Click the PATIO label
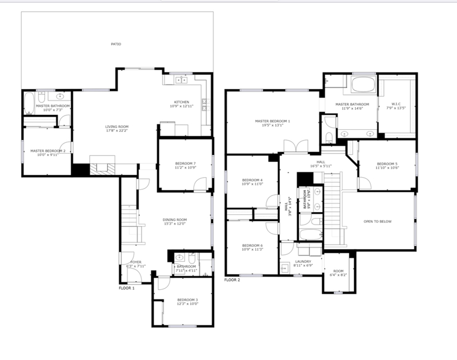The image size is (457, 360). point(116,44)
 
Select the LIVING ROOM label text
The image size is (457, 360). point(117,126)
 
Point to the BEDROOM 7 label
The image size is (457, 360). point(186,163)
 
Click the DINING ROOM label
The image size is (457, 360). point(174,219)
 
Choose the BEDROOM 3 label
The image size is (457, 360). point(187,300)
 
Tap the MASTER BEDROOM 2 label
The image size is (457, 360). point(47,150)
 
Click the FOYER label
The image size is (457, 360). point(128,262)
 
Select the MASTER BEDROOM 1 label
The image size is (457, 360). point(272,121)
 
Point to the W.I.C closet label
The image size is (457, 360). point(396,104)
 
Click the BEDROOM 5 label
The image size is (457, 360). point(387,163)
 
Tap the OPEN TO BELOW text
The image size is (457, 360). point(378,221)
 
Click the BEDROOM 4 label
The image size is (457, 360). point(252,180)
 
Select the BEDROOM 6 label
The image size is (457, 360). point(252,246)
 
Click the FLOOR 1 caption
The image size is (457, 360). point(126,288)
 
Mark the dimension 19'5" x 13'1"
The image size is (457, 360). point(272,127)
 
